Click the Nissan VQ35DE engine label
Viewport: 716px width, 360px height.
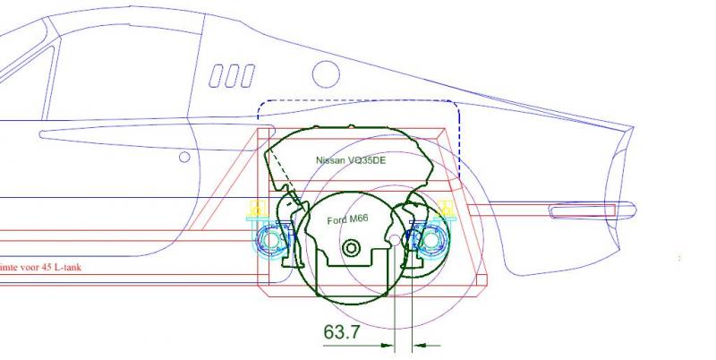tap(351, 160)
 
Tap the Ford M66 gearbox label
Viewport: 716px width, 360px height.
tap(347, 219)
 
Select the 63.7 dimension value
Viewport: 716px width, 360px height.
tap(342, 331)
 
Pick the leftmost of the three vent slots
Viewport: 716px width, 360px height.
tap(216, 76)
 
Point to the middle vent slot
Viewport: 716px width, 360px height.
tap(232, 76)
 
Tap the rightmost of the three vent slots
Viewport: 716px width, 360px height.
tap(248, 76)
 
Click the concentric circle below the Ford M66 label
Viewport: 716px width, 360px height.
tap(351, 249)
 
